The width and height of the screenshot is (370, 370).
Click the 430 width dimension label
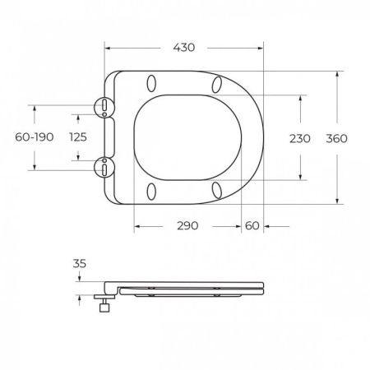coord(184,48)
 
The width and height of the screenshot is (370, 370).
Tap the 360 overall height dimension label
coord(336,138)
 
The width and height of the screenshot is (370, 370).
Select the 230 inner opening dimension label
coord(300,138)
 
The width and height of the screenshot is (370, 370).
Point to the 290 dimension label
coord(187,226)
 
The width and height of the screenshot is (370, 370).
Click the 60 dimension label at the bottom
coord(252,226)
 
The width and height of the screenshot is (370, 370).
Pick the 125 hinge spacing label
coord(78,137)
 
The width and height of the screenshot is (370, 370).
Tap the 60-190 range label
coord(35,137)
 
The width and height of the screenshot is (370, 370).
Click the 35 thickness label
coord(80,264)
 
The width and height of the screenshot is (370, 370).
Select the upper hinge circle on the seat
coord(104,107)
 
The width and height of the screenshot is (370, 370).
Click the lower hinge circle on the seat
coord(104,167)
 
